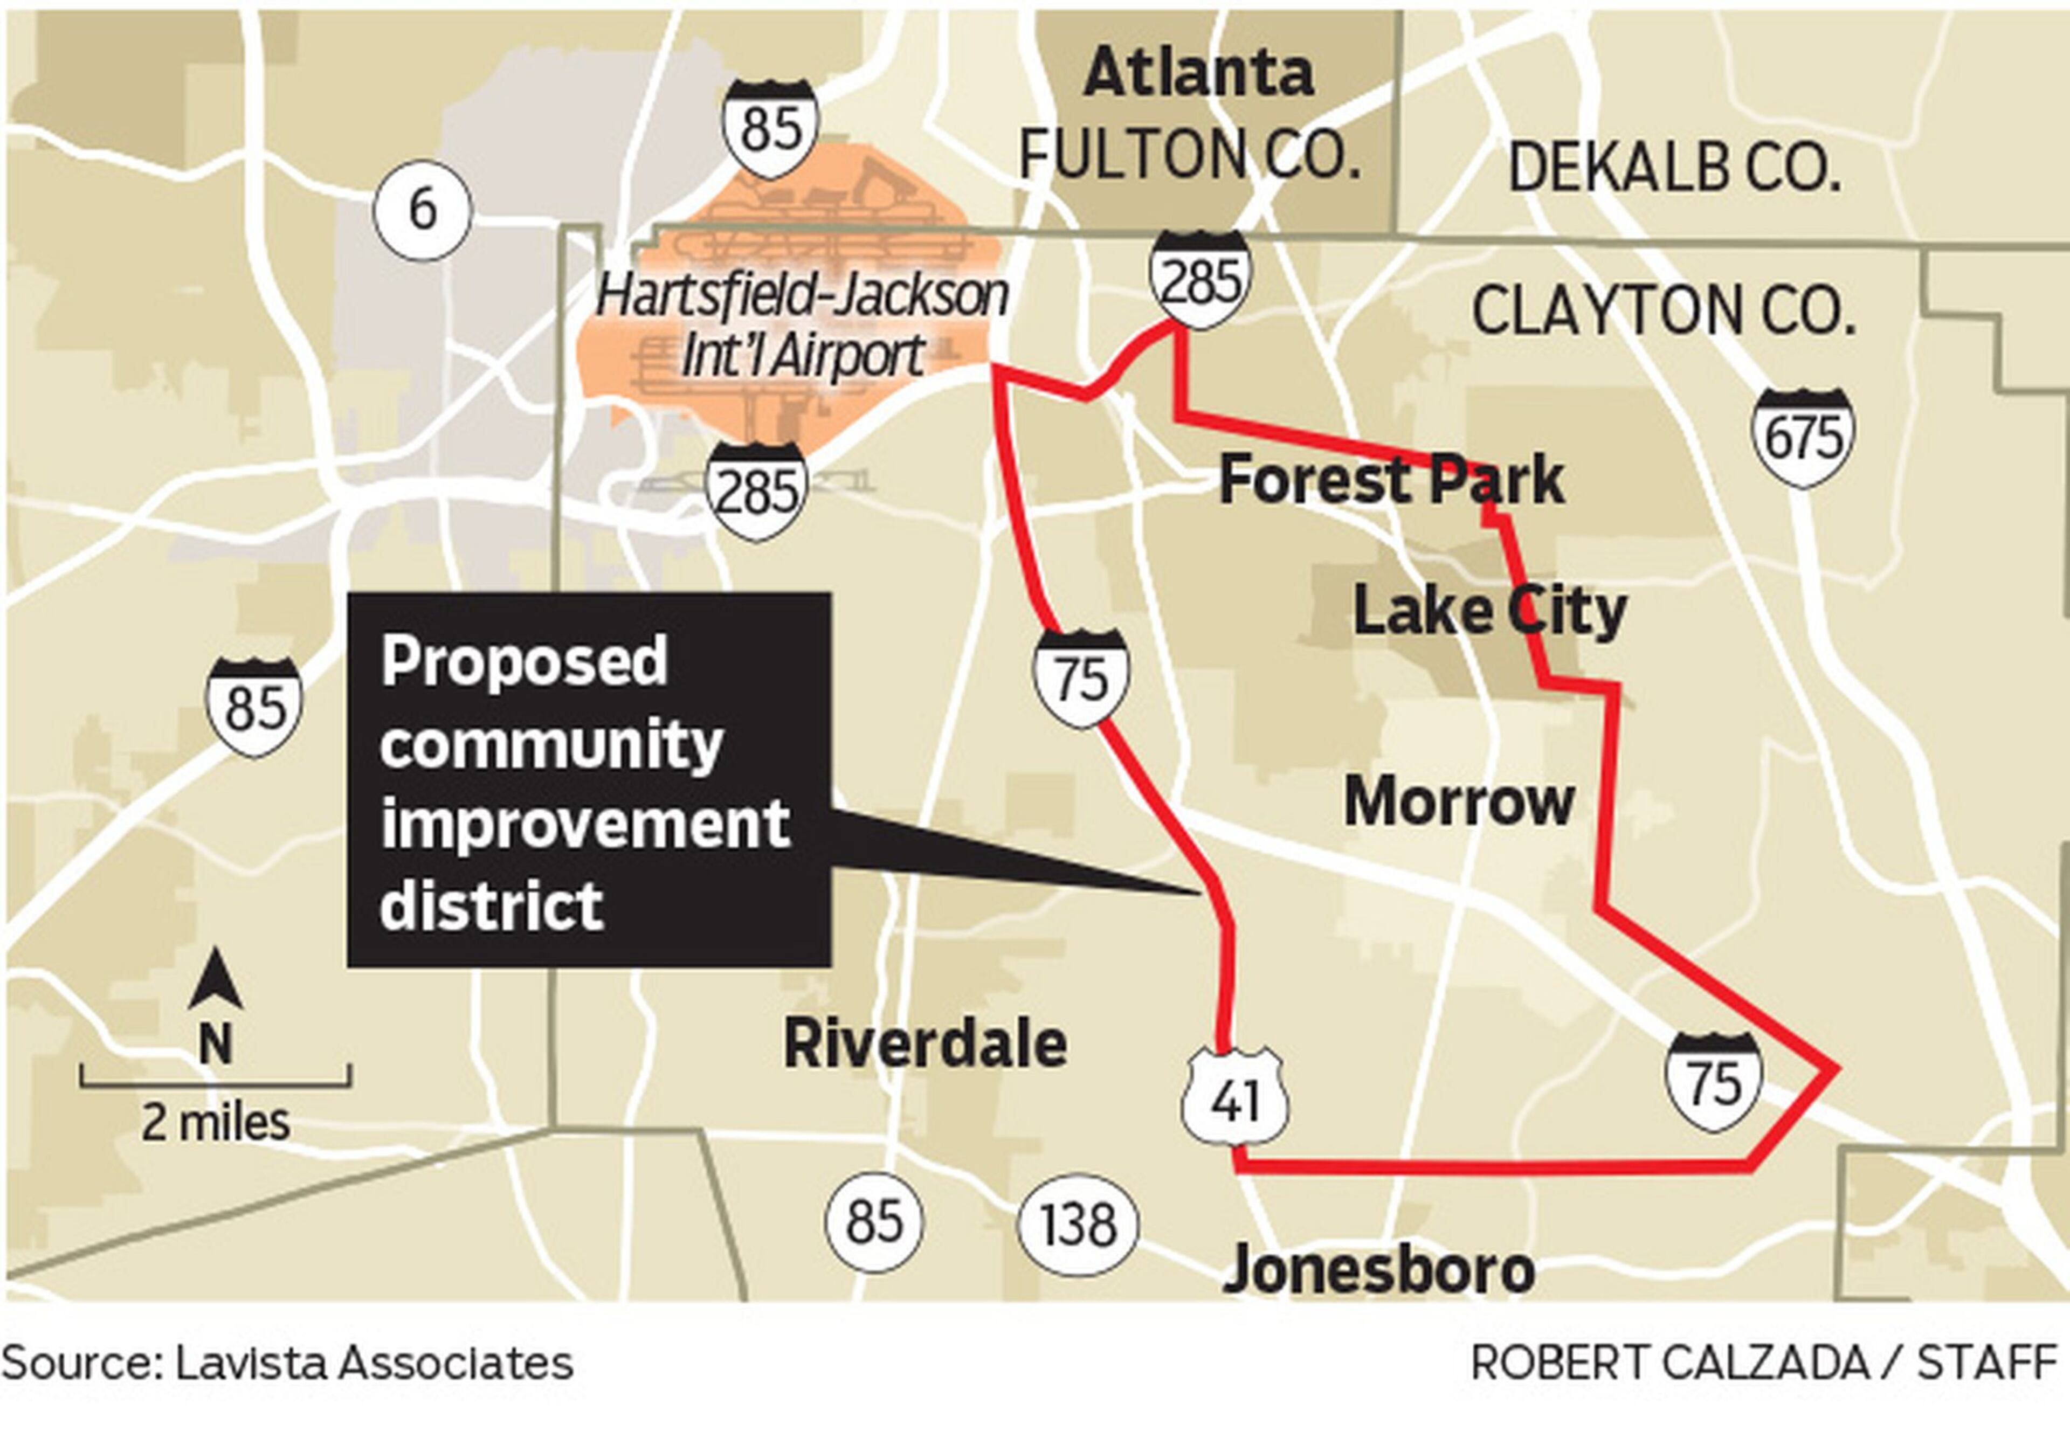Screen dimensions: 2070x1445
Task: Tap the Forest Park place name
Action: coord(1390,480)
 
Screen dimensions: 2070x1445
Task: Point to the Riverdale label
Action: coord(925,1044)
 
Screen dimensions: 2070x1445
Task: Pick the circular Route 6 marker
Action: coord(422,210)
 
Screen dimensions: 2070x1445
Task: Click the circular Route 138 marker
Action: coord(1078,1223)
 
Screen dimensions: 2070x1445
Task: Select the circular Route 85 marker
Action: coord(874,1221)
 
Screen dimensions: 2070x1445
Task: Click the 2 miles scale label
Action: coord(216,1123)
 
